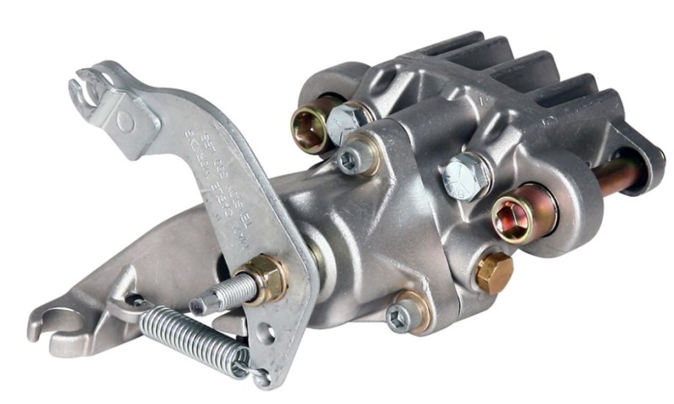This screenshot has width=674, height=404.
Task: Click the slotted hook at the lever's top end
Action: click(x=88, y=89)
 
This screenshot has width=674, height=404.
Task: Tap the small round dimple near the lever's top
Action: click(x=125, y=121)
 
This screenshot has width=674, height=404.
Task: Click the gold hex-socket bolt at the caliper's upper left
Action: click(x=307, y=125)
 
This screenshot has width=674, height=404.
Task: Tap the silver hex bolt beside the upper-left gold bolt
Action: click(x=345, y=123)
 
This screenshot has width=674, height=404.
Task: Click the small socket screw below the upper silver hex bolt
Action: click(x=353, y=159)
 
